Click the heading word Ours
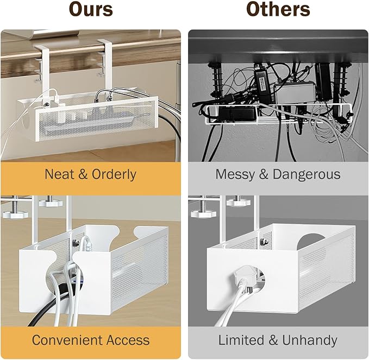[x=90, y=10]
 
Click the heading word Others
[x=278, y=10]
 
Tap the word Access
[x=127, y=340]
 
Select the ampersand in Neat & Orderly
[x=82, y=174]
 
